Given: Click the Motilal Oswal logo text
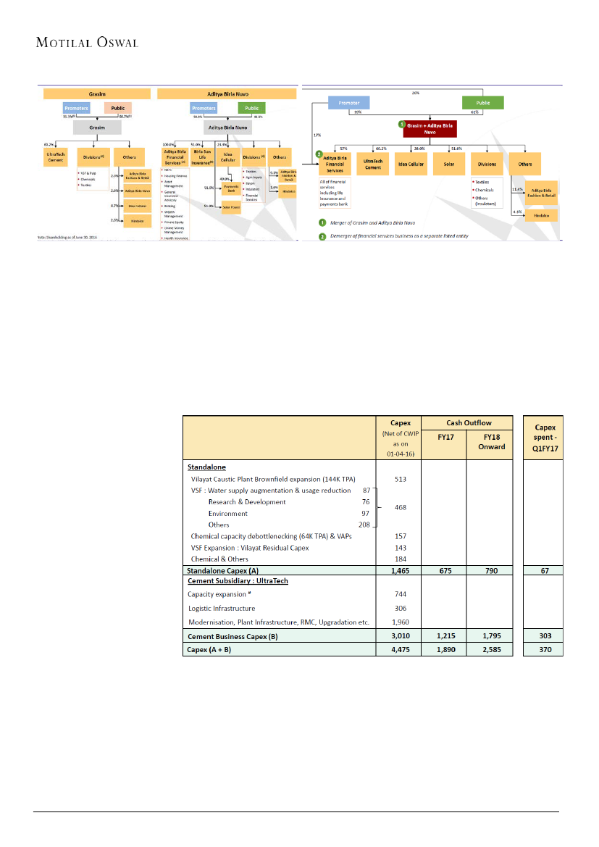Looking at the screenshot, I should (x=87, y=41).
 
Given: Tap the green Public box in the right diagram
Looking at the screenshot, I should (x=483, y=103).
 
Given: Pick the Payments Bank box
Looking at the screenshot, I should (x=232, y=189).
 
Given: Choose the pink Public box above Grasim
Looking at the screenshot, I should (x=117, y=108).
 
